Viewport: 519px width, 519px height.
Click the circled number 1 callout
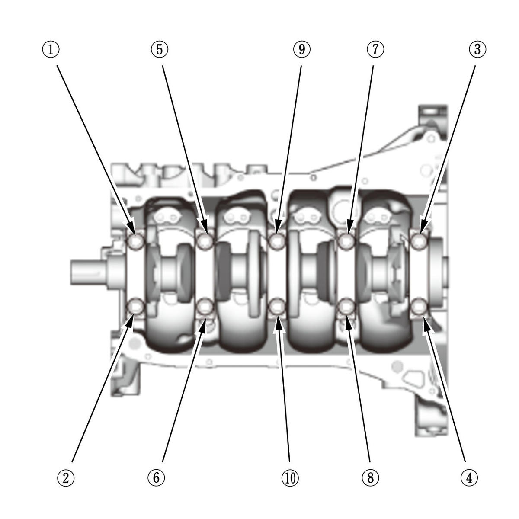pyautogui.click(x=51, y=49)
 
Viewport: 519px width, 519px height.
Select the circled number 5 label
pyautogui.click(x=160, y=49)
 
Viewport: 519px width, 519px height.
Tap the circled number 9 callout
pyautogui.click(x=302, y=49)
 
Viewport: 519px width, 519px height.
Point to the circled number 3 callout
pyautogui.click(x=477, y=49)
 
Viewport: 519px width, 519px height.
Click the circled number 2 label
pyautogui.click(x=66, y=477)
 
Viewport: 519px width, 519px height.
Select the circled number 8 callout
pyautogui.click(x=370, y=477)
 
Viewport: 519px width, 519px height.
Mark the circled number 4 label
pyautogui.click(x=469, y=477)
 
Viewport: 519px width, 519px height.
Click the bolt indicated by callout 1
pyautogui.click(x=137, y=241)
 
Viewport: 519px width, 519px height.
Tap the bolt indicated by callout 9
pyautogui.click(x=277, y=241)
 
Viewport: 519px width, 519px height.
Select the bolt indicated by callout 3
pyautogui.click(x=419, y=241)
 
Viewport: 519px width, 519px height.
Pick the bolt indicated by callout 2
pyautogui.click(x=137, y=307)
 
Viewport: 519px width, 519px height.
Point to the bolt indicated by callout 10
pyautogui.click(x=277, y=308)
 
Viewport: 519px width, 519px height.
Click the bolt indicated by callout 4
pyautogui.click(x=419, y=307)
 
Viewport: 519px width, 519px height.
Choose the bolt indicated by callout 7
pyautogui.click(x=346, y=241)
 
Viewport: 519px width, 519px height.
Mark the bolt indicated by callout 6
pyautogui.click(x=206, y=307)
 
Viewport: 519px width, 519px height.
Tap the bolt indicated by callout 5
pyautogui.click(x=206, y=241)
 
